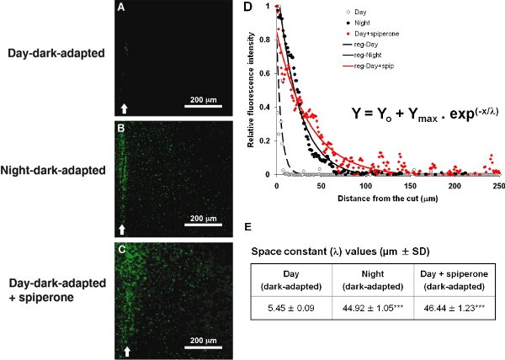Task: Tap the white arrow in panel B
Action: click(x=123, y=228)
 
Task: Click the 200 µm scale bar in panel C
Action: click(x=202, y=347)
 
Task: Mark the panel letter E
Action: click(x=246, y=226)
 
